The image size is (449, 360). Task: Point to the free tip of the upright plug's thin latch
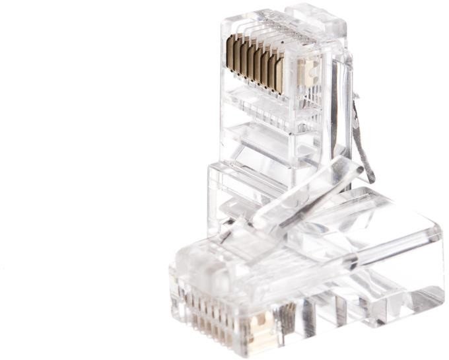370,179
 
